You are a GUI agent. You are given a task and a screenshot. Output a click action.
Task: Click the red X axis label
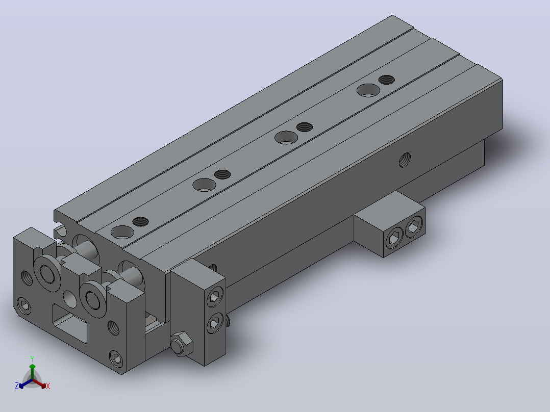click(48, 386)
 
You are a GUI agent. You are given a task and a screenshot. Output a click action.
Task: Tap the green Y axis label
click(32, 358)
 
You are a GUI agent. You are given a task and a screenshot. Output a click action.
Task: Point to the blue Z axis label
click(17, 385)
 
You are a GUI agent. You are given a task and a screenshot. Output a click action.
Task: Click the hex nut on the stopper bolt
click(181, 344)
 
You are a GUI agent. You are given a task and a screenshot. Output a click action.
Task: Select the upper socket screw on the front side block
click(215, 297)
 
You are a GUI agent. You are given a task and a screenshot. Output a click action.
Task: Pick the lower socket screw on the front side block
click(215, 322)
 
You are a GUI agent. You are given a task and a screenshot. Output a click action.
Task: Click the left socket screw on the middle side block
click(394, 240)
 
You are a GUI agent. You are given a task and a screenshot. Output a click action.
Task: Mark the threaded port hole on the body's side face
click(405, 160)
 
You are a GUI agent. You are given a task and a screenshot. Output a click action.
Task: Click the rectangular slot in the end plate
click(69, 323)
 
